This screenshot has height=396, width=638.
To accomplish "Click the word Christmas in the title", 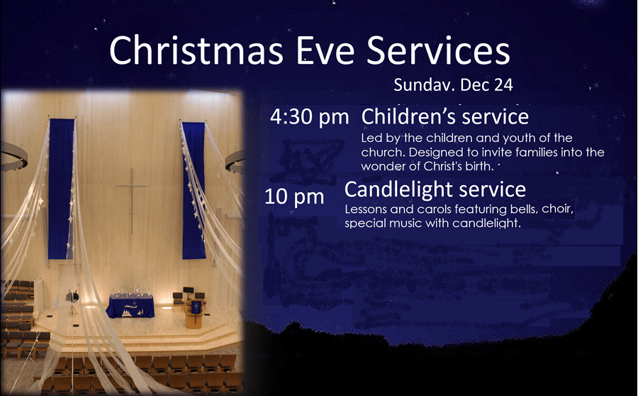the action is pos(196,50).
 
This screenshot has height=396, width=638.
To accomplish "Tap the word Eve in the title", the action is pos(325,50).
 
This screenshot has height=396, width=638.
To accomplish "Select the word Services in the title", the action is pos(438,50).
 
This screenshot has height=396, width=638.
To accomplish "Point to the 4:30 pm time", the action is pos(310,117).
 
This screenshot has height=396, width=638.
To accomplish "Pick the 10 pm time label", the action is pos(294,197).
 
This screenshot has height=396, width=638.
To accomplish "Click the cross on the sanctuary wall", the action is pos(132,201).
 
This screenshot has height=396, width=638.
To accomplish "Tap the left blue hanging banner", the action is pos(61,189).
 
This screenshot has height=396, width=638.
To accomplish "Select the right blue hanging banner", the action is pos(194,191).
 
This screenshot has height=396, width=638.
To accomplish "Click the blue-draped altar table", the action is pos(130,306).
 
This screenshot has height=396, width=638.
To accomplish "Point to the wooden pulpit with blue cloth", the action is pos(194,313).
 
